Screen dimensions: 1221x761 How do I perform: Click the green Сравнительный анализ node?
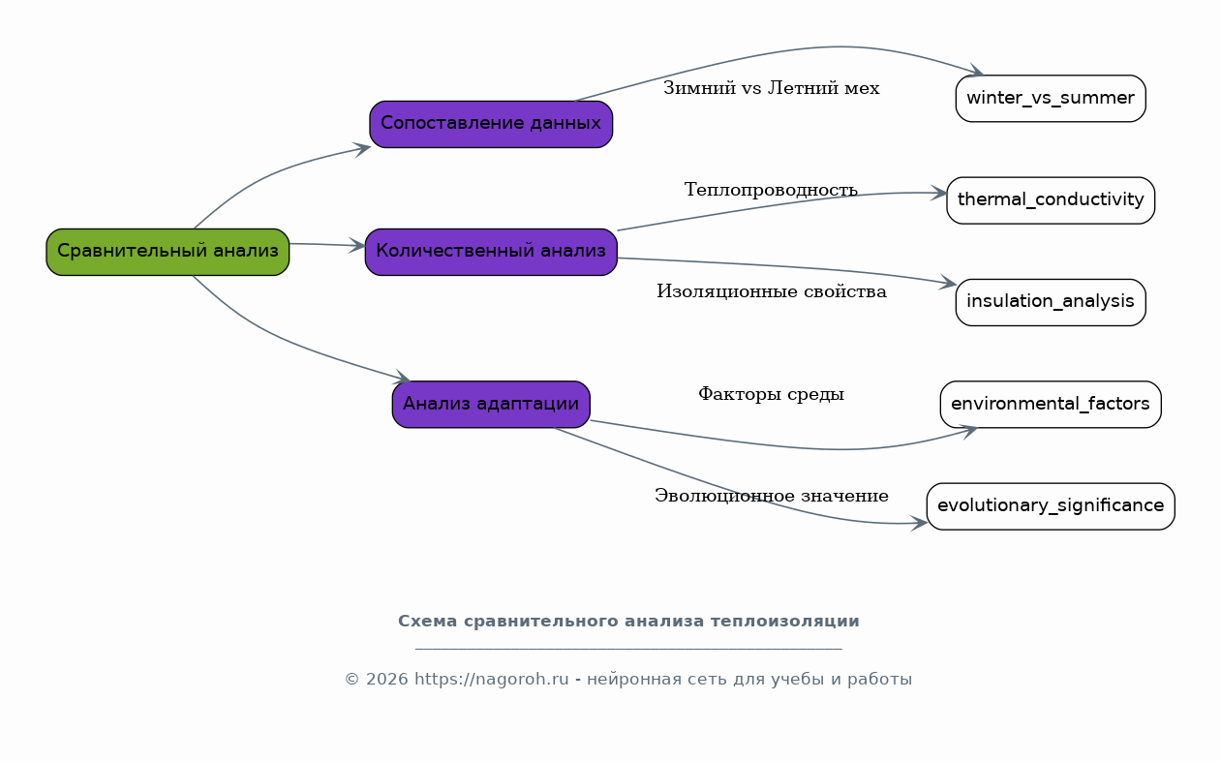pyautogui.click(x=168, y=252)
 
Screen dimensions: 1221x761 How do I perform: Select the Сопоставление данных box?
pyautogui.click(x=491, y=124)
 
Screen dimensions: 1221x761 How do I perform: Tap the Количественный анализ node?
pyautogui.click(x=491, y=252)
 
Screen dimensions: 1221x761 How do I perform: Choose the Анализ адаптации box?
pyautogui.click(x=491, y=405)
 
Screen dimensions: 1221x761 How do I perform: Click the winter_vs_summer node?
pyautogui.click(x=1051, y=99)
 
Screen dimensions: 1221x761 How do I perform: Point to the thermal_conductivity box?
pyautogui.click(x=1051, y=200)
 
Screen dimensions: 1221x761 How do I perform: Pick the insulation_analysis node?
pyautogui.click(x=1051, y=302)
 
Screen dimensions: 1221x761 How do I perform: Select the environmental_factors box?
pyautogui.click(x=1051, y=405)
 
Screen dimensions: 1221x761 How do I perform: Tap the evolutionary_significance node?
pyautogui.click(x=1051, y=506)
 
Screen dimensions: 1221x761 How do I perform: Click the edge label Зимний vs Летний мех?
pyautogui.click(x=772, y=88)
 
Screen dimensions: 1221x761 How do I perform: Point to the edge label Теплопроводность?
pyautogui.click(x=772, y=190)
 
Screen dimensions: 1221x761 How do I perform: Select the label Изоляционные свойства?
pyautogui.click(x=772, y=291)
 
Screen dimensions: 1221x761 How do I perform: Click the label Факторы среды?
pyautogui.click(x=772, y=394)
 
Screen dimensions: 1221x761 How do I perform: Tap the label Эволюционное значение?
pyautogui.click(x=772, y=496)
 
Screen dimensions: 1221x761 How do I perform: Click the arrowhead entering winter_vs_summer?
pyautogui.click(x=975, y=70)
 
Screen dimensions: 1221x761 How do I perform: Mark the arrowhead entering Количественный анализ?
pyautogui.click(x=357, y=246)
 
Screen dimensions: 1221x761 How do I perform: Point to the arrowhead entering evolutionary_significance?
pyautogui.click(x=919, y=524)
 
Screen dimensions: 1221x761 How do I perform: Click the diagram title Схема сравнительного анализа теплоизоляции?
pyautogui.click(x=628, y=621)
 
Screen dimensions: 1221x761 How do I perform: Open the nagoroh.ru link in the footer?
pyautogui.click(x=491, y=680)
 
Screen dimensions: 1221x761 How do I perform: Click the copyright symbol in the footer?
pyautogui.click(x=351, y=680)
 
